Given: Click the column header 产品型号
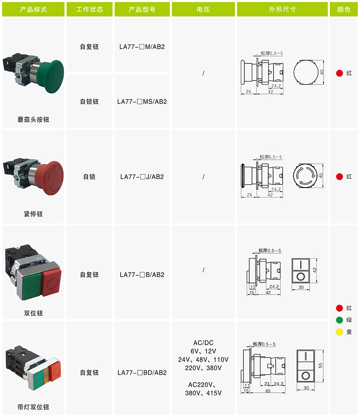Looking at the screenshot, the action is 142,9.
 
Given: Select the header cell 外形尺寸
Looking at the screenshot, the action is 282,9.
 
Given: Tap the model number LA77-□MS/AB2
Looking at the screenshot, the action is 142,102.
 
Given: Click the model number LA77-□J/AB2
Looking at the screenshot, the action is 142,177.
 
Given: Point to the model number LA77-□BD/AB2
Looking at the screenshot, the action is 142,372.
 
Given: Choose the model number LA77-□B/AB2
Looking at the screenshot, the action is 142,275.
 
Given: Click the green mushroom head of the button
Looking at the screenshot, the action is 51,76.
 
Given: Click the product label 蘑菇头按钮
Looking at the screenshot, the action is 33,120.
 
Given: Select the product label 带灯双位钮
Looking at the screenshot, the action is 33,407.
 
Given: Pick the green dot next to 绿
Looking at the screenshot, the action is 339,320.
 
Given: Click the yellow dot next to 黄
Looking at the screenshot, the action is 339,332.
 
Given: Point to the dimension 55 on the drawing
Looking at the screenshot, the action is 320,365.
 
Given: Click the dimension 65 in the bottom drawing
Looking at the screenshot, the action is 268,391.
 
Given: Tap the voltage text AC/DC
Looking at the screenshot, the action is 203,343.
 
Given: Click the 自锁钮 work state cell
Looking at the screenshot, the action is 90,102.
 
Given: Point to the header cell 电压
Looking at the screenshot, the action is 203,9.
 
